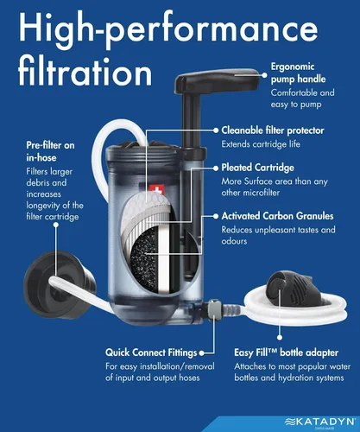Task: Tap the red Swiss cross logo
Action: (156, 190)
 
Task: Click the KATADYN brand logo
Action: (319, 422)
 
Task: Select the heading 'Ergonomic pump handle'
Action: (298, 73)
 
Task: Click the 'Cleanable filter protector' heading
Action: (273, 130)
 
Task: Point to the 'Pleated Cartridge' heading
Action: (257, 168)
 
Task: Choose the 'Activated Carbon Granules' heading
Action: (277, 216)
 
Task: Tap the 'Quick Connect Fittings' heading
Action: (151, 353)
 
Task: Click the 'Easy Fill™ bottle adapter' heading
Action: (286, 353)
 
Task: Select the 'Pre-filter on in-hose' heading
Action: (50, 151)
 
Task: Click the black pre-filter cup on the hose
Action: (59, 285)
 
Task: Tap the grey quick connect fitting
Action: (214, 310)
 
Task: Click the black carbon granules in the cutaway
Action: (144, 258)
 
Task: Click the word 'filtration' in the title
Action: (85, 72)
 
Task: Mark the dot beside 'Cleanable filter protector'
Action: (216, 130)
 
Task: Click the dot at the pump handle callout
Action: (264, 75)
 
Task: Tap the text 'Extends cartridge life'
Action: (261, 144)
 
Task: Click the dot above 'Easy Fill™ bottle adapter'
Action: (280, 338)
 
